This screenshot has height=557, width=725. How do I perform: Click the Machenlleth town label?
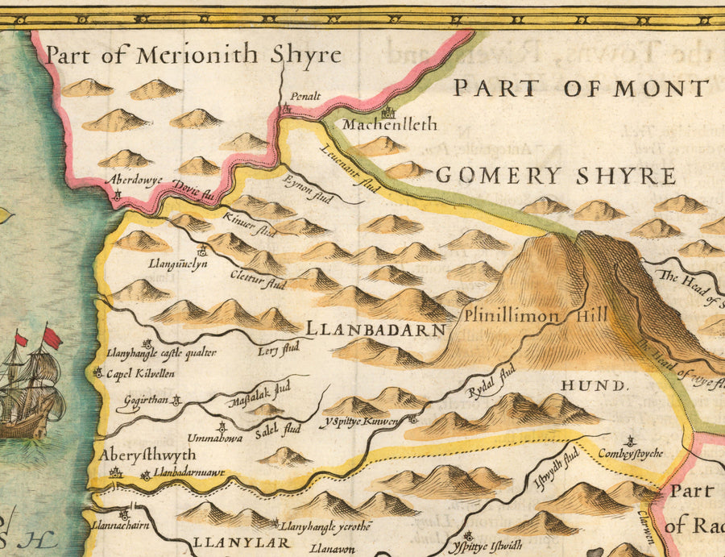coord(390,125)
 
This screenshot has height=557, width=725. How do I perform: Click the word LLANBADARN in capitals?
coord(375,330)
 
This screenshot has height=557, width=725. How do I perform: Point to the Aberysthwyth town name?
coord(147,455)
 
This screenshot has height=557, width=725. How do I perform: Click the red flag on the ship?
coord(52,338)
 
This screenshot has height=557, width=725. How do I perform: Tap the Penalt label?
coord(304,96)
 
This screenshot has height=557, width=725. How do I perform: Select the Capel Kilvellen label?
coord(139,373)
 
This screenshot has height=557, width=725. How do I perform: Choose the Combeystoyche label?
coord(631,454)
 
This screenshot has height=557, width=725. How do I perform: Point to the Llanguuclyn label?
coord(172,264)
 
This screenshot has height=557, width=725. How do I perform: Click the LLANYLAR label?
coord(239,543)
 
